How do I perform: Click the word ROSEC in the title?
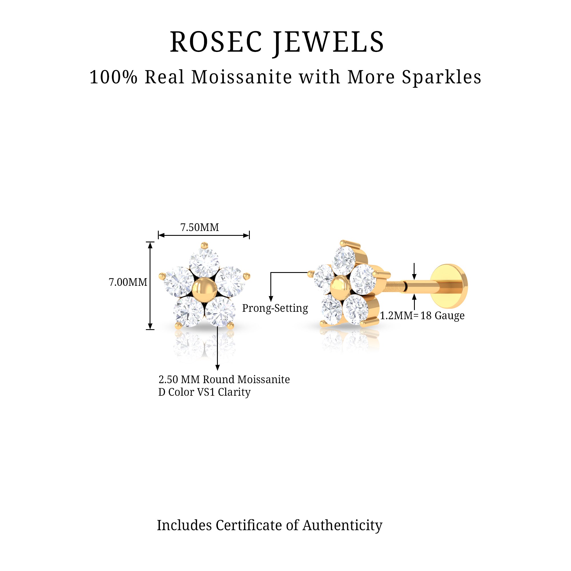point(216,42)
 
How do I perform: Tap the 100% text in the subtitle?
point(114,77)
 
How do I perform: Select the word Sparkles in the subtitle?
point(442,77)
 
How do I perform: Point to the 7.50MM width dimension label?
point(200,227)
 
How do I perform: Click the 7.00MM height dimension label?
point(128,282)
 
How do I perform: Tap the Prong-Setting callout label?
point(275,308)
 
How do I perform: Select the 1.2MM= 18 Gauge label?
point(422,315)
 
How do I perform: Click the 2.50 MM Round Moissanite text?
point(224,379)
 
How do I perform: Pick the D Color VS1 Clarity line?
point(204,392)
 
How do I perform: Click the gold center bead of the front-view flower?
point(204,291)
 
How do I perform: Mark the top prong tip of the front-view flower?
point(204,245)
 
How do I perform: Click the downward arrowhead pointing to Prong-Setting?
point(271,299)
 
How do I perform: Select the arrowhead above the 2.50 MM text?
point(218,368)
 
